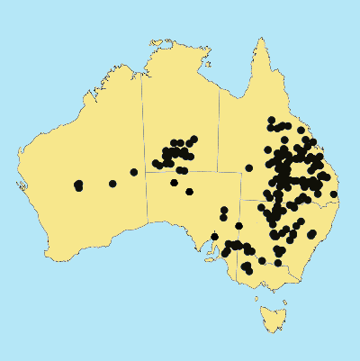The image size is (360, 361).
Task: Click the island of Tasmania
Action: point(269,318)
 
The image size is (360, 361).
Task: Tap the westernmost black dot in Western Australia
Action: point(78,186)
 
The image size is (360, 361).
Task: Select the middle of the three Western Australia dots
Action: point(112,184)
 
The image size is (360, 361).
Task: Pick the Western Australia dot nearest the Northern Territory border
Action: point(134,172)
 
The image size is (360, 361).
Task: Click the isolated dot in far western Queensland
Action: point(249,167)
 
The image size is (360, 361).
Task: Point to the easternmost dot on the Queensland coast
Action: point(334,194)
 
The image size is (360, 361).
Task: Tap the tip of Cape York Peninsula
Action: point(261,40)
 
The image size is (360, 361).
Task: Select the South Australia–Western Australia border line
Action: point(147,216)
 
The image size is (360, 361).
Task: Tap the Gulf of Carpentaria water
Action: point(236,77)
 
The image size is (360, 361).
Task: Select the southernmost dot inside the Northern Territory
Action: point(184,170)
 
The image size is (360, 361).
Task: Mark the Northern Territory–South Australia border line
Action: point(184,173)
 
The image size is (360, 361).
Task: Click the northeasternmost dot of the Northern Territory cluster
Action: point(193,138)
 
